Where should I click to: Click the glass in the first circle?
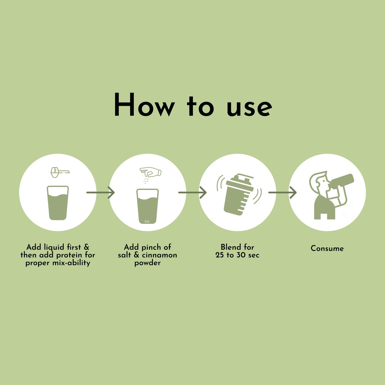pyautogui.click(x=58, y=203)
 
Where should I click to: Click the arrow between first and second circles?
pyautogui.click(x=100, y=192)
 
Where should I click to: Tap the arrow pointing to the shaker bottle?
pyautogui.click(x=192, y=192)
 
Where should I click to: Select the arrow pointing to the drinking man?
pyautogui.click(x=282, y=192)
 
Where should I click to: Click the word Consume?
pyautogui.click(x=327, y=248)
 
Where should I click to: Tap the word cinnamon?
pyautogui.click(x=159, y=255)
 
